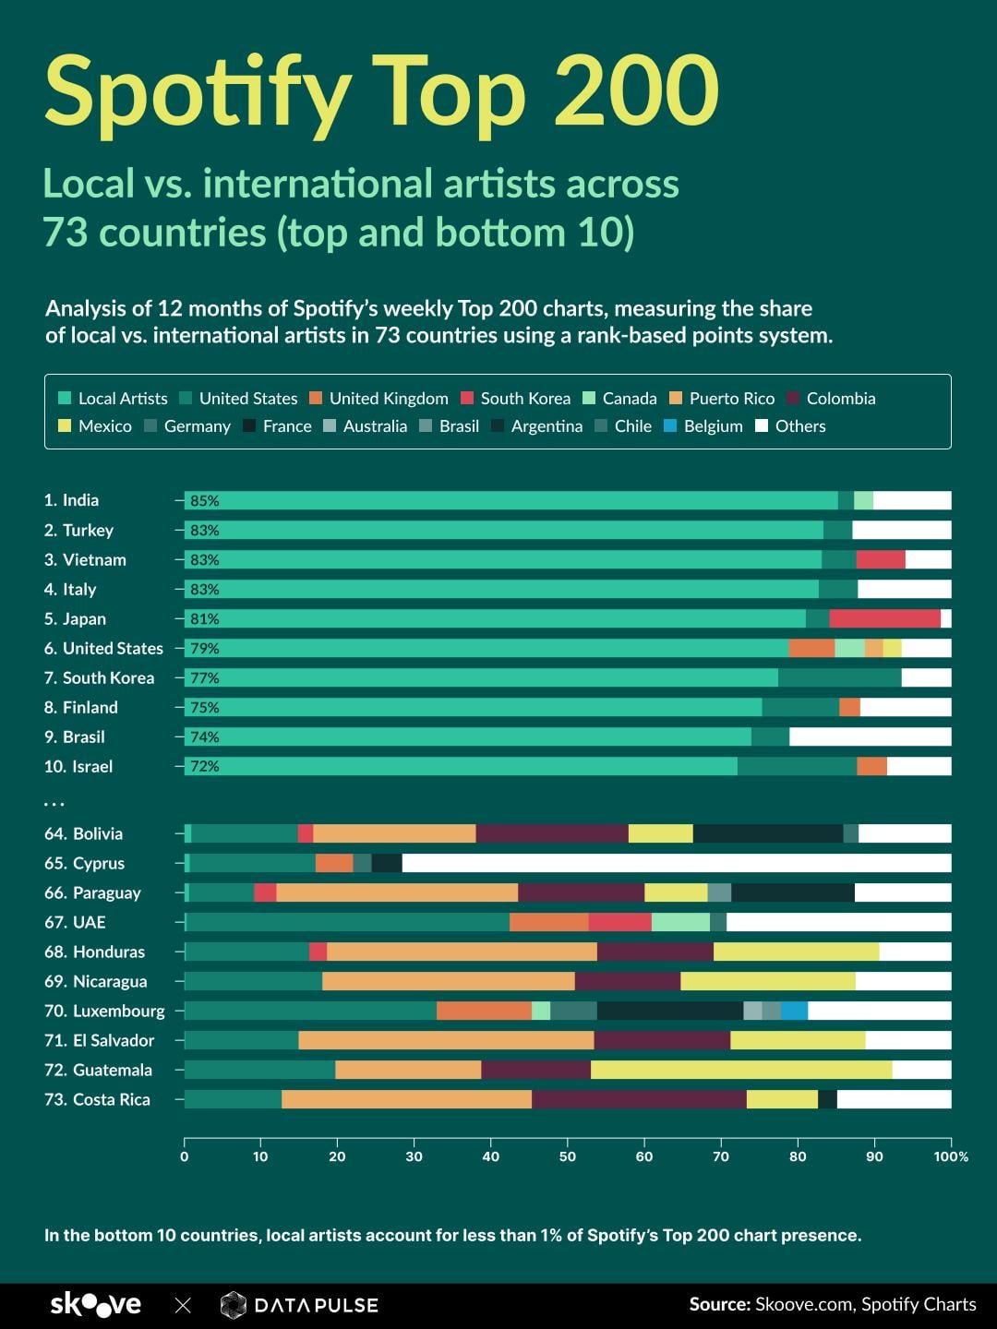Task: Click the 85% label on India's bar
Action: pos(204,501)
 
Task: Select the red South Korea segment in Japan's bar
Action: pos(884,618)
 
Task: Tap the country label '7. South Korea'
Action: pos(99,677)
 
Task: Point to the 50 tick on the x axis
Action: pos(568,1156)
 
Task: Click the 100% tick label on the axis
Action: pos(951,1156)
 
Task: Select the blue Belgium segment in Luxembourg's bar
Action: pos(794,1011)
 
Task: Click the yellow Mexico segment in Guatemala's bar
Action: pos(741,1070)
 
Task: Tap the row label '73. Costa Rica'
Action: pos(97,1099)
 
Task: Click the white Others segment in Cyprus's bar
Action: pos(676,863)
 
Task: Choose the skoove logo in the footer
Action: pos(95,1304)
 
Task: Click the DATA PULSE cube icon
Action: pos(234,1305)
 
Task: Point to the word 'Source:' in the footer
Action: pos(719,1304)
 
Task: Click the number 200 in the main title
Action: pos(636,92)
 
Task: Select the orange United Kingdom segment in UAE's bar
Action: pos(548,922)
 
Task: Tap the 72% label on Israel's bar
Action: pos(204,766)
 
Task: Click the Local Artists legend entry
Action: pos(113,399)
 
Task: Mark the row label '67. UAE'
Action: pos(75,922)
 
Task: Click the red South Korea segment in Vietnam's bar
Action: pos(881,559)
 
